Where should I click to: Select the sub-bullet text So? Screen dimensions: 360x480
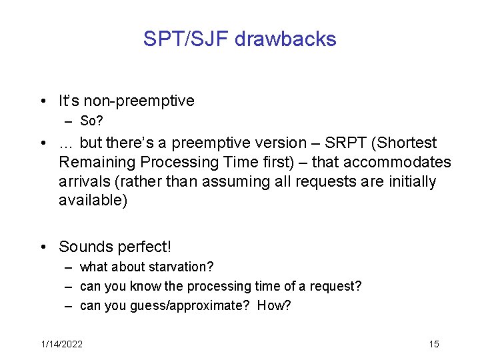[91, 121]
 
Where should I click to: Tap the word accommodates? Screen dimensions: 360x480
[399, 162]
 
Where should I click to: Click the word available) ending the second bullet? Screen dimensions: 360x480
[93, 201]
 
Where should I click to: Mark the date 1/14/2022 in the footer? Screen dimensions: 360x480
[62, 344]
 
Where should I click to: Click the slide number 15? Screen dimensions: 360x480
[434, 344]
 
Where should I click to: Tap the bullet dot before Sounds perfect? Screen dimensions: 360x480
[43, 247]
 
